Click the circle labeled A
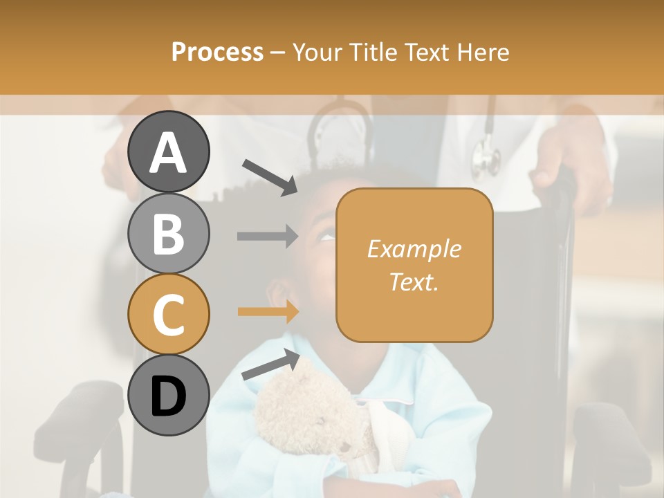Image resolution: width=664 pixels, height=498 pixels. coord(168,151)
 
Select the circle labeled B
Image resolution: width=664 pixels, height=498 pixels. coord(168,233)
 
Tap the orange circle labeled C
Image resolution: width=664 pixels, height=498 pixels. coord(168,314)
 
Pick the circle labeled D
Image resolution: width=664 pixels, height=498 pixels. coord(168,395)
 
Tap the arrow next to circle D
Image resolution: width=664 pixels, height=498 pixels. coord(270,365)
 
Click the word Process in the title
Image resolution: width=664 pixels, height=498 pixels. coord(217,52)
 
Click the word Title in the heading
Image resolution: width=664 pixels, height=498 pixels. coord(373,52)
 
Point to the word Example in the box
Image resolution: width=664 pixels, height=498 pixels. coord(414,249)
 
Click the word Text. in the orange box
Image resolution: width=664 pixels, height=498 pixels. coord(414,282)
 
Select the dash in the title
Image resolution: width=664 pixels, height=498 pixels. coord(277,53)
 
